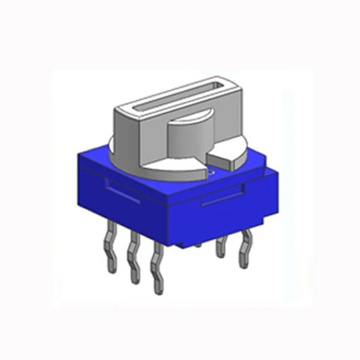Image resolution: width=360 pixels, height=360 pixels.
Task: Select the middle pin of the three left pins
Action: point(134,261)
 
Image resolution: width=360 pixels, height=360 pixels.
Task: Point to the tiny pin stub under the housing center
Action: point(198,246)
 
